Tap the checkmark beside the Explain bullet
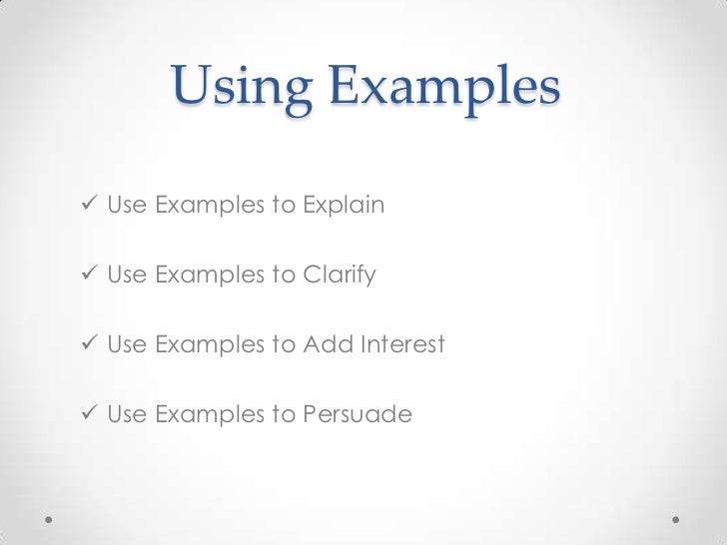pos(91,206)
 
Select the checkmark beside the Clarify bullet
pos(91,274)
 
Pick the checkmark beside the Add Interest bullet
pos(91,344)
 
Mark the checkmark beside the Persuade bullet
pos(91,413)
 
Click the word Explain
pos(344,207)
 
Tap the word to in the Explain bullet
pos(284,207)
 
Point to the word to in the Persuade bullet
pos(284,413)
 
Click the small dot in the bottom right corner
pos(676,521)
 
